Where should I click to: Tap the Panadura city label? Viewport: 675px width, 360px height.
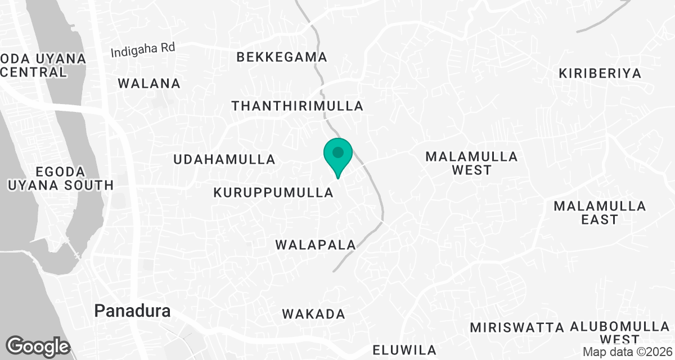(132, 310)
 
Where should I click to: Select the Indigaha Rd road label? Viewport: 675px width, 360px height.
(143, 50)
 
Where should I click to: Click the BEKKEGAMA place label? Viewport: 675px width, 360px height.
(282, 57)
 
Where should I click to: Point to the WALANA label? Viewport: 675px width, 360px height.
(149, 84)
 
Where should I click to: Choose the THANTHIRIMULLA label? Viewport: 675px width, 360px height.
(298, 106)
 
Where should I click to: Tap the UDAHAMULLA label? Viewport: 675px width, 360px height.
(224, 159)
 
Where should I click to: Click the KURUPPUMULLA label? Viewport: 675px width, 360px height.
(274, 192)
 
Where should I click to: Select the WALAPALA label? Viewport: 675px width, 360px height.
(316, 245)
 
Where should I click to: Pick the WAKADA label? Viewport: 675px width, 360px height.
(313, 314)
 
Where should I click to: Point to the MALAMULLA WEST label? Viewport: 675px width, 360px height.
(471, 163)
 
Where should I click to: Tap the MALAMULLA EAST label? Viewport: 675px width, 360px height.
(600, 213)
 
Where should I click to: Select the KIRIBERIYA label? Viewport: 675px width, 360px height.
(600, 73)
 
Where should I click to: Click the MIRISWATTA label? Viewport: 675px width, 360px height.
(517, 327)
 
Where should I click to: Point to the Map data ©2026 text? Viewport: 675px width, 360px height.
(627, 352)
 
